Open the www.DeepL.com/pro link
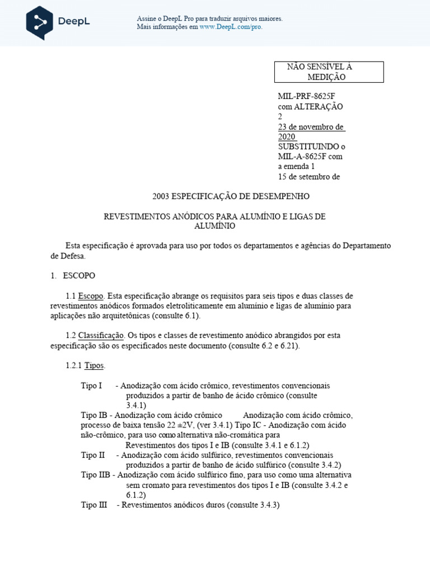[x=231, y=26]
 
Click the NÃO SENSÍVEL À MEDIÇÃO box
[x=328, y=72]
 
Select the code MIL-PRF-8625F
[x=307, y=96]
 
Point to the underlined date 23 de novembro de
[x=311, y=127]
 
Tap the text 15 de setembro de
[x=309, y=177]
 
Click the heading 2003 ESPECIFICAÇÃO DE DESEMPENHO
[x=230, y=197]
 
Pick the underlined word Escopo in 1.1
[x=91, y=296]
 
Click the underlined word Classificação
[x=101, y=336]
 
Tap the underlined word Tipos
[x=94, y=366]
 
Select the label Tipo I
[x=91, y=386]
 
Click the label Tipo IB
[x=94, y=415]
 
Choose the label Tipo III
[x=94, y=505]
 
